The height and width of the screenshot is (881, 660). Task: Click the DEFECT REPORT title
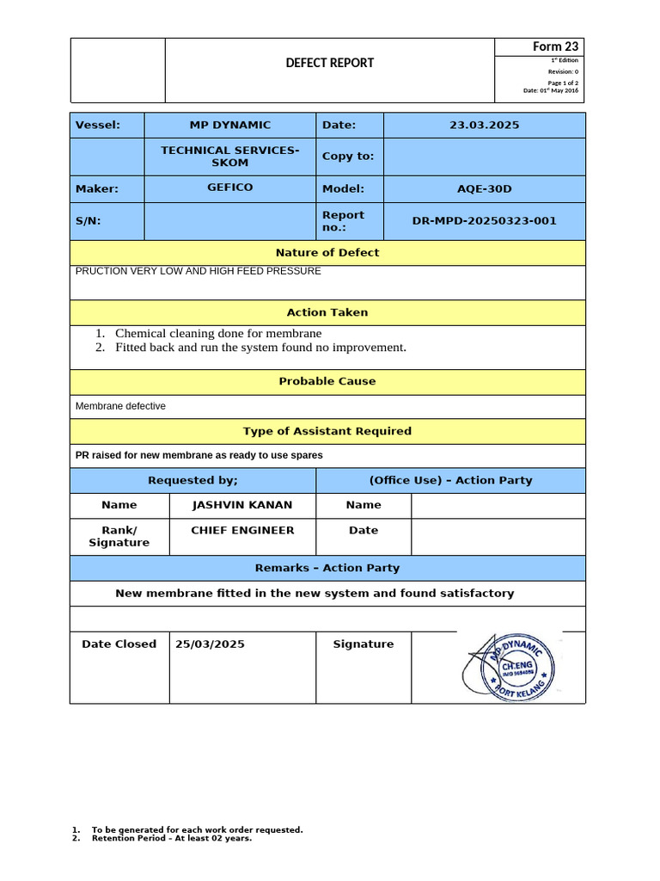(x=330, y=63)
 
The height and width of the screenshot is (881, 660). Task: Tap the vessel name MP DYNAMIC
(x=230, y=125)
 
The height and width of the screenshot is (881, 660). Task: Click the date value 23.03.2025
(x=484, y=125)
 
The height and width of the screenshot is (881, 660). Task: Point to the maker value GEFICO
(x=230, y=188)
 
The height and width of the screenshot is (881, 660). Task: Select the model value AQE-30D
(x=484, y=188)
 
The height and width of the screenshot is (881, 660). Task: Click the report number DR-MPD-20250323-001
(x=484, y=221)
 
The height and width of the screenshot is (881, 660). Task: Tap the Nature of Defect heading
(x=327, y=252)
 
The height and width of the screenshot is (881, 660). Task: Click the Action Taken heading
(x=327, y=312)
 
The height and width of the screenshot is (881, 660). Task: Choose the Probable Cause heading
(x=327, y=381)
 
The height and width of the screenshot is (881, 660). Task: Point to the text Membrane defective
(x=121, y=406)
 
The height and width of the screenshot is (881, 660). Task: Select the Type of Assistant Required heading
(x=327, y=431)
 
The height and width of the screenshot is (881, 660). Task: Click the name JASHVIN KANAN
(x=242, y=505)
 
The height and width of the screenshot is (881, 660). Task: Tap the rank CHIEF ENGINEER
(x=242, y=530)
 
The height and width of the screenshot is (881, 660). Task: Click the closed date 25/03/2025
(x=210, y=644)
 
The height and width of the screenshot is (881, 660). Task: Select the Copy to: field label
(x=348, y=157)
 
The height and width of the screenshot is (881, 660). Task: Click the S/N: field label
(x=89, y=221)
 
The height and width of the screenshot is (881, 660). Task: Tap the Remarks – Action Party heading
(x=327, y=568)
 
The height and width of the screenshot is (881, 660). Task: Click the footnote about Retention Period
(x=172, y=838)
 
